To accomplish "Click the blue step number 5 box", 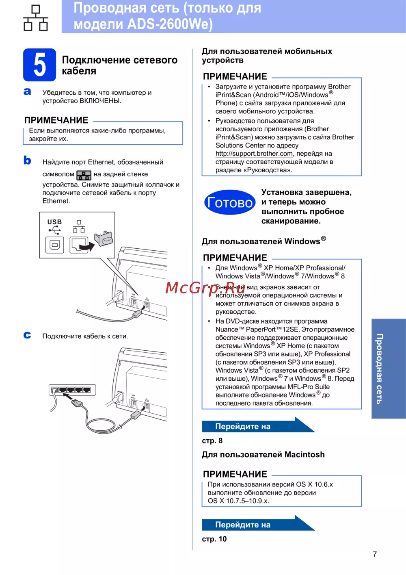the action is coord(39,65).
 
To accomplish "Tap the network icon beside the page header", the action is coord(36,18).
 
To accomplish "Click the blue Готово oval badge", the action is coord(230,202).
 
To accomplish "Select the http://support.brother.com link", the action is coord(254,154).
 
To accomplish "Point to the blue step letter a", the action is coord(27,91).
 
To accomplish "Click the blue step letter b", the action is coord(27,160).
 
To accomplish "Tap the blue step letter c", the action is coord(27,335).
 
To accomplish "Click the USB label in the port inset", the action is coord(55,222).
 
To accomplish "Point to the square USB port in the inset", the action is coord(55,245).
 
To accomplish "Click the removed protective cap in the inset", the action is coord(104,238).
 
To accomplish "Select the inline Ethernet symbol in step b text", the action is coord(84,175).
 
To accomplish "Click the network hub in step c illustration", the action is coord(72,390).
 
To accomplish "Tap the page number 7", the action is coord(375,554).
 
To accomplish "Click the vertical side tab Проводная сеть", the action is coord(389,369).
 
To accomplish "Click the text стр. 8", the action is coord(212,441).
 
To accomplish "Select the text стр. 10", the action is coord(214,539).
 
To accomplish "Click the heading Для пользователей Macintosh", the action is coord(263,455).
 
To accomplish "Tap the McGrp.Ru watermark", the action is coord(205,288).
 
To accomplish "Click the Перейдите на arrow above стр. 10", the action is coord(258,524).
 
